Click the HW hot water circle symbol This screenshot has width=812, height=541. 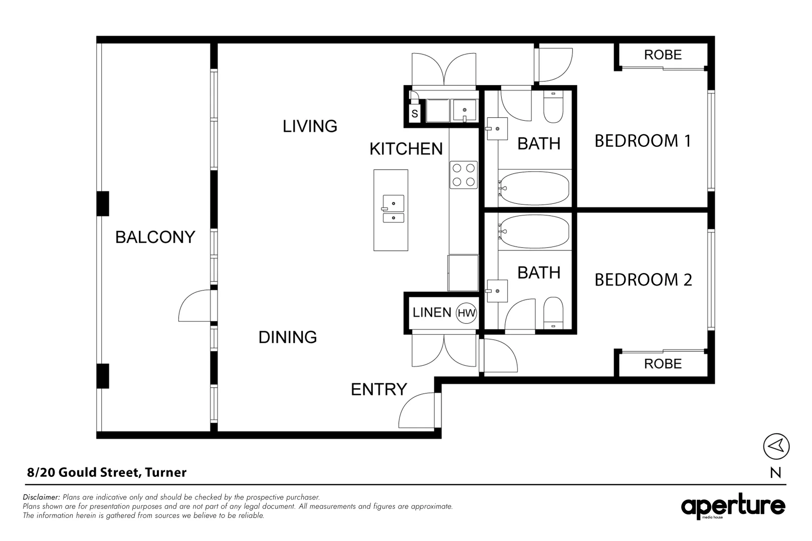[x=466, y=314]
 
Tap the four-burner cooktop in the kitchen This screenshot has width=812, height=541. [x=464, y=175]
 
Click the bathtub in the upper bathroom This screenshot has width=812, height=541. [x=534, y=188]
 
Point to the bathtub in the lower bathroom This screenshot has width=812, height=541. [x=534, y=231]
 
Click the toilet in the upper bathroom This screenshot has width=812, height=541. [x=553, y=107]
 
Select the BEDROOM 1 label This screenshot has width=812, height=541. [x=643, y=141]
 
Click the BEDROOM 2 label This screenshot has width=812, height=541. [x=643, y=280]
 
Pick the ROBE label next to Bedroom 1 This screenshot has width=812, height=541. [x=663, y=55]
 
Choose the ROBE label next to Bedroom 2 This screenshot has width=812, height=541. [x=663, y=364]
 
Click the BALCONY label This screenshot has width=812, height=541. [x=155, y=237]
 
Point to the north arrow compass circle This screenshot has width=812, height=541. [x=776, y=446]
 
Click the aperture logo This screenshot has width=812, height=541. [x=733, y=506]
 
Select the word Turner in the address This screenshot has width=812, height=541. [x=166, y=472]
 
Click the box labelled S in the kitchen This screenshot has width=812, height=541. [x=415, y=114]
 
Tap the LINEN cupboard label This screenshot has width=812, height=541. [x=432, y=313]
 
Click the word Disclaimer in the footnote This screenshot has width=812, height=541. [x=41, y=497]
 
